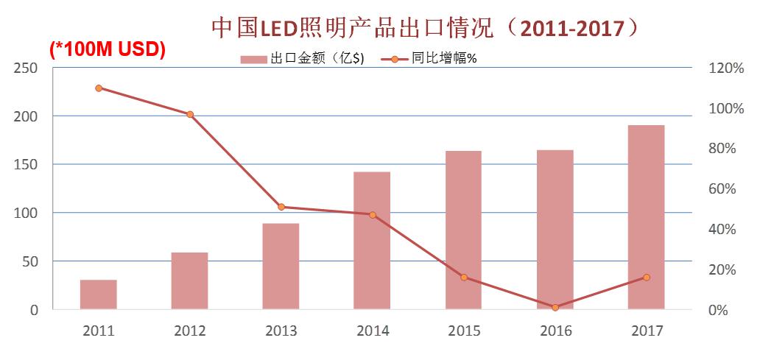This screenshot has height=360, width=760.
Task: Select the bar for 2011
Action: [99, 294]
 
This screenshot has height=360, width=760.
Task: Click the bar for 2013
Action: [281, 266]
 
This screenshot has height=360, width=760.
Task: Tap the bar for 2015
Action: [463, 230]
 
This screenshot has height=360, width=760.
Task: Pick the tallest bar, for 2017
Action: [646, 217]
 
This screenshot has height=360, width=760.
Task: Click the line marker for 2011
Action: [99, 88]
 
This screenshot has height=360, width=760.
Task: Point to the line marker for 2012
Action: [190, 114]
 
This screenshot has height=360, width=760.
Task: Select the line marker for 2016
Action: [555, 307]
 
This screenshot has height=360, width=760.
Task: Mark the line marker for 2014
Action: [373, 215]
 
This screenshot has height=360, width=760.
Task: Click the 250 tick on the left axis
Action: [27, 68]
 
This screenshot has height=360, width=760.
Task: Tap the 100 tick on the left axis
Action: [27, 213]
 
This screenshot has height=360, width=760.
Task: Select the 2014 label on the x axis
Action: [373, 331]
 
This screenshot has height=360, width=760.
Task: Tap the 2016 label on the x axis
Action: [555, 331]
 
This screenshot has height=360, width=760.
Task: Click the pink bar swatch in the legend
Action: [253, 59]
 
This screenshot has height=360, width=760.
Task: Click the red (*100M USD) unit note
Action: [108, 49]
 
